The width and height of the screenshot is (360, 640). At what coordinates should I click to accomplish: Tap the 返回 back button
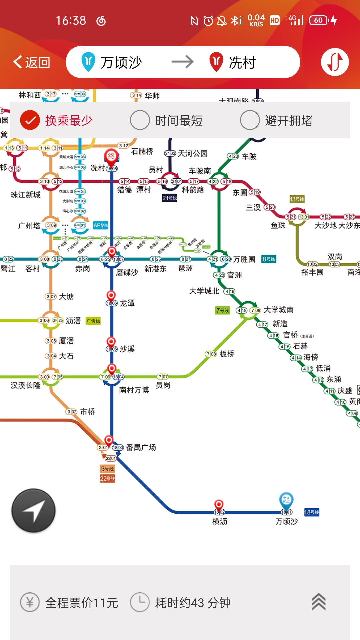(x=32, y=62)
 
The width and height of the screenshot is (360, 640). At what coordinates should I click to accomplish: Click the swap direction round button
(x=335, y=62)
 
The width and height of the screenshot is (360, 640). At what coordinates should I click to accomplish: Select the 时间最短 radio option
(x=140, y=120)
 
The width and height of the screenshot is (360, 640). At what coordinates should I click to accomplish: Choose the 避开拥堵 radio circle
(x=250, y=120)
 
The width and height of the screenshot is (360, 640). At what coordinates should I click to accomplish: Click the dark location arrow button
(x=33, y=510)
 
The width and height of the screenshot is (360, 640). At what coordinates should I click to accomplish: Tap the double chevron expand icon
(x=319, y=602)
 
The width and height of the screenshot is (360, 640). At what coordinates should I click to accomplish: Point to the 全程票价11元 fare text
(x=82, y=603)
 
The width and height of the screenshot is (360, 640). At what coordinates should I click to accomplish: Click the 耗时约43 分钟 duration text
(x=193, y=603)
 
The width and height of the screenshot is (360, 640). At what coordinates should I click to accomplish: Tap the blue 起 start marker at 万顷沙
(x=286, y=500)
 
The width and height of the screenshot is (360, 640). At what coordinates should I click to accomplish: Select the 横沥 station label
(x=220, y=521)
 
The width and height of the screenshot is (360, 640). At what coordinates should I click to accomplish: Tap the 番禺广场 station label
(x=141, y=447)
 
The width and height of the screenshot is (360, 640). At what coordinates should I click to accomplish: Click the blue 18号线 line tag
(x=312, y=512)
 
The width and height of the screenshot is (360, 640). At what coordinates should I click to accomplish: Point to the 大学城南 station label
(x=279, y=310)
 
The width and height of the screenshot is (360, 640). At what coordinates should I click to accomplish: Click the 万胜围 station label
(x=244, y=259)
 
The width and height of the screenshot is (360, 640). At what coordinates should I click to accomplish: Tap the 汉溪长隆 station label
(x=25, y=385)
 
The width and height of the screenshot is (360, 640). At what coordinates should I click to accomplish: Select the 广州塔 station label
(x=29, y=226)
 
